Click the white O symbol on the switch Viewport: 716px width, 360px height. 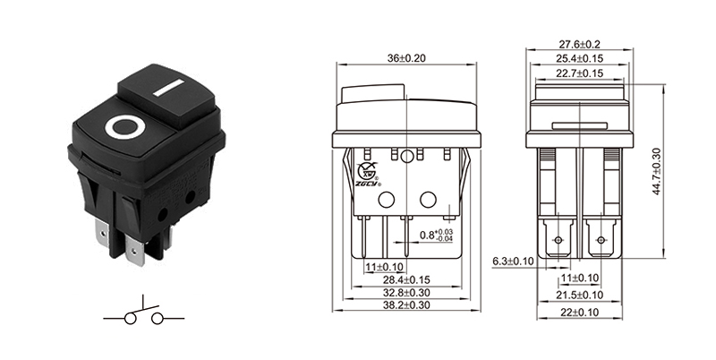click(122, 128)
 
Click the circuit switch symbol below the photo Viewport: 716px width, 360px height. click(143, 316)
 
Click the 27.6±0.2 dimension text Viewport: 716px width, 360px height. click(580, 45)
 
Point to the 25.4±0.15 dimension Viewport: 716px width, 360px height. click(580, 59)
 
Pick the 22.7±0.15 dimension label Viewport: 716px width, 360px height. click(580, 73)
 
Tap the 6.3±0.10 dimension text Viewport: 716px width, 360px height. click(513, 261)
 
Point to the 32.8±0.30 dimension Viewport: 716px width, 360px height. click(407, 292)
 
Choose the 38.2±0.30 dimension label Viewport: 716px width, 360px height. click(407, 305)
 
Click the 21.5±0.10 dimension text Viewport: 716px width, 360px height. click(579, 295)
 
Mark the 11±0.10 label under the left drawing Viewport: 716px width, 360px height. click(385, 266)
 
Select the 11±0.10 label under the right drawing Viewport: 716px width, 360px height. click(580, 279)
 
